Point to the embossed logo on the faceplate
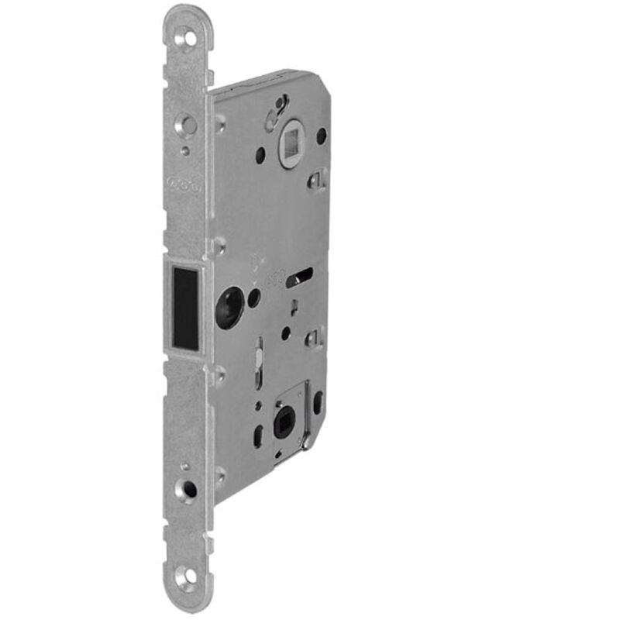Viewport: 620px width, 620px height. pyautogui.click(x=183, y=187)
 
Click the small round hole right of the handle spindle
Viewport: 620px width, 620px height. pyautogui.click(x=321, y=136)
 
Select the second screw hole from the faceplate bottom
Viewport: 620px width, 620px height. pyautogui.click(x=188, y=489)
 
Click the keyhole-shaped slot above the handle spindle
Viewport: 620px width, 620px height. pyautogui.click(x=275, y=113)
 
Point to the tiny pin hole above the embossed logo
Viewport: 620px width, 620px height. pyautogui.click(x=184, y=151)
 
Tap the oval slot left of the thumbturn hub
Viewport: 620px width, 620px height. pyautogui.click(x=257, y=434)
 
